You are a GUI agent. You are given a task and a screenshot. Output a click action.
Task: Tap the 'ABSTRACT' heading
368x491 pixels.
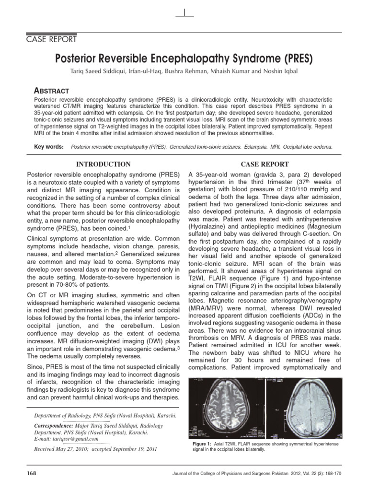(53, 91)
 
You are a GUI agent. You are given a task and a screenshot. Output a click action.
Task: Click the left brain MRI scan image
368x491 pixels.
(227, 407)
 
